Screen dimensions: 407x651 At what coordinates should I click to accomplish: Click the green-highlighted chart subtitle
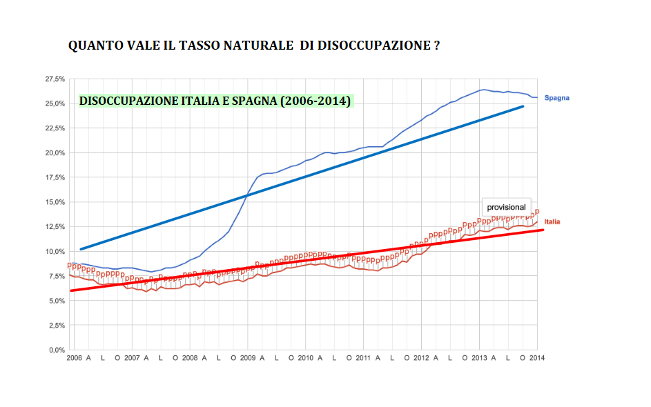(215, 101)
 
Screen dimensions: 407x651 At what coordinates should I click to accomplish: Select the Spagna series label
(556, 98)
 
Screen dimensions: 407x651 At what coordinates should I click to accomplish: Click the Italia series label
(552, 221)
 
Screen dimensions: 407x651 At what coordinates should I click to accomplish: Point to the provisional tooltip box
(506, 207)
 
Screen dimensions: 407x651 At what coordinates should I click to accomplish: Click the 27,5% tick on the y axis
(55, 79)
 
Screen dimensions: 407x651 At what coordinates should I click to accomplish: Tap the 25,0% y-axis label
(55, 103)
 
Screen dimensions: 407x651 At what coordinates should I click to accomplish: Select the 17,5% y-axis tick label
(55, 177)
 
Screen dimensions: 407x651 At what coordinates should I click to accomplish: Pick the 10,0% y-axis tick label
(55, 251)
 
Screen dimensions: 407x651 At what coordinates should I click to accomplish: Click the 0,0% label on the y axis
(57, 350)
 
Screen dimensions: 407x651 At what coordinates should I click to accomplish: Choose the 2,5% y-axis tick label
(57, 325)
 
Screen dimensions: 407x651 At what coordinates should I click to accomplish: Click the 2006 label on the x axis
(74, 358)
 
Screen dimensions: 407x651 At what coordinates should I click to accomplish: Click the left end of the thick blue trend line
(81, 249)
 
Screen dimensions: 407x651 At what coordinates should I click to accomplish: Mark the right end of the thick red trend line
(543, 230)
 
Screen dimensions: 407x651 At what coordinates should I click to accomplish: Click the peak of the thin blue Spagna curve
(484, 90)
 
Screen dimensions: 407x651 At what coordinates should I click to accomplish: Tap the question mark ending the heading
(438, 46)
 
